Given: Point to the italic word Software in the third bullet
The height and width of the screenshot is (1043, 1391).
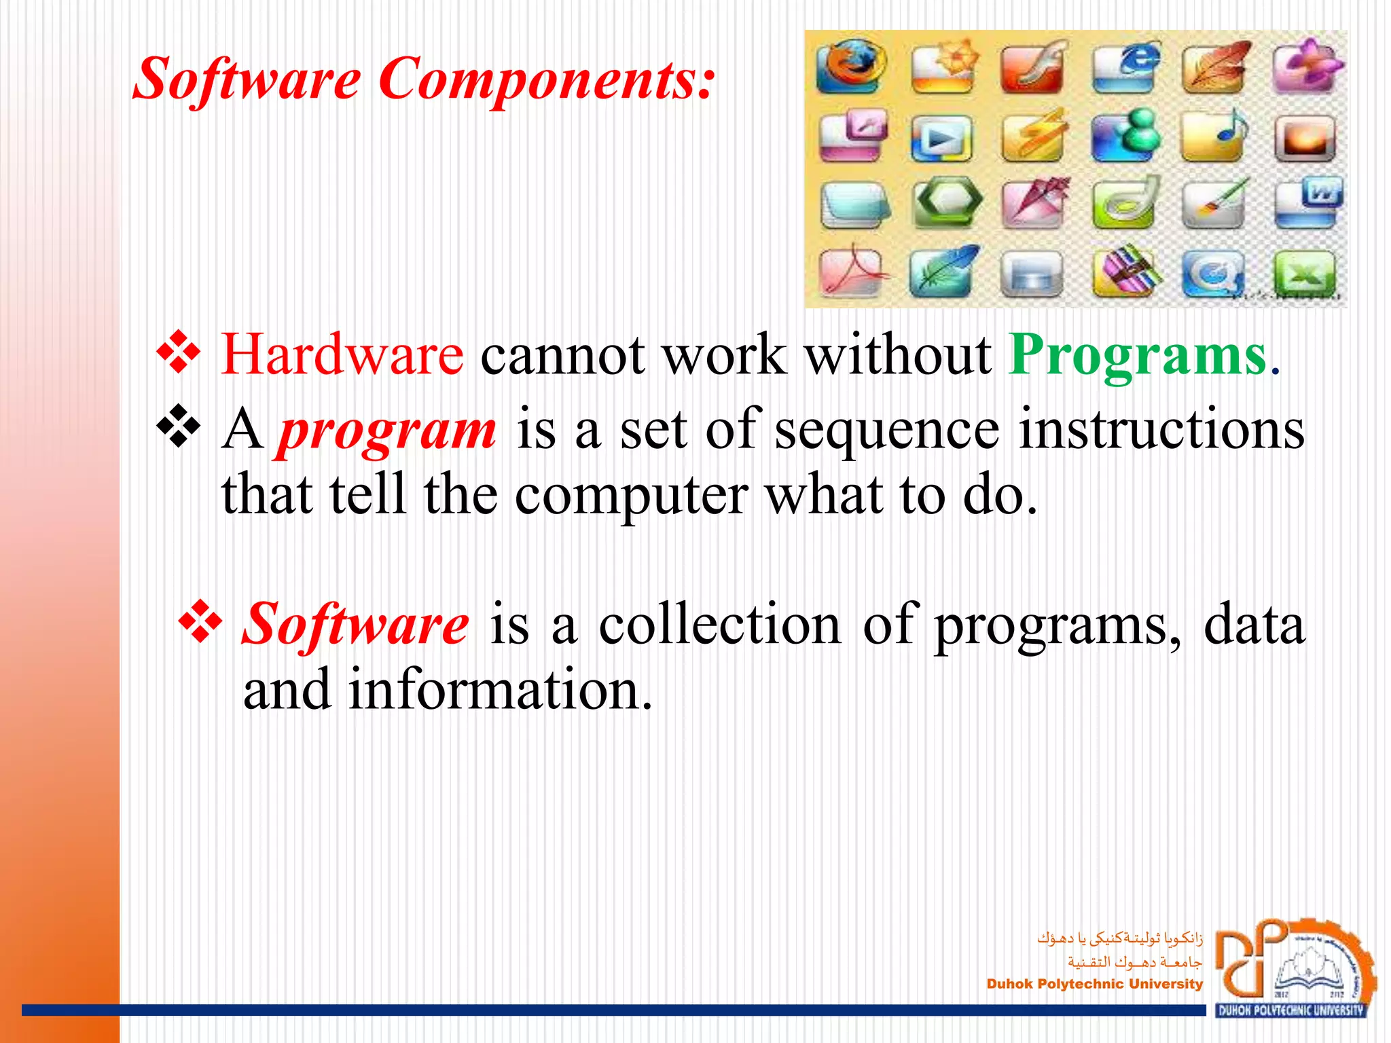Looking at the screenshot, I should pyautogui.click(x=355, y=624).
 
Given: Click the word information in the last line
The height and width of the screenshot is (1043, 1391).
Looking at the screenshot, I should pyautogui.click(x=501, y=690).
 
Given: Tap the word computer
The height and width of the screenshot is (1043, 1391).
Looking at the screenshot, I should pyautogui.click(x=631, y=495).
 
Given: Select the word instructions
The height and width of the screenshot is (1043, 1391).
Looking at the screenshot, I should pyautogui.click(x=1161, y=431).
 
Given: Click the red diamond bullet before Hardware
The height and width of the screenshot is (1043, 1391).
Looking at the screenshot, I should pyautogui.click(x=179, y=352).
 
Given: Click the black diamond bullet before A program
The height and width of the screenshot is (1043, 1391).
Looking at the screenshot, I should pyautogui.click(x=179, y=426).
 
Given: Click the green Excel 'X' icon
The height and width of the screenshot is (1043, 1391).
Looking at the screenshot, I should pyautogui.click(x=1305, y=275).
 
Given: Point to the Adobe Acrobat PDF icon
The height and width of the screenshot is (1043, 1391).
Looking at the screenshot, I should pyautogui.click(x=850, y=273).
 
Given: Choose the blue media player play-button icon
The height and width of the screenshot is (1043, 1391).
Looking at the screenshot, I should pyautogui.click(x=941, y=139).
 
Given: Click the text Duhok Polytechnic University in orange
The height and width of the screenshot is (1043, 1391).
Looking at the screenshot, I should pyautogui.click(x=1094, y=984).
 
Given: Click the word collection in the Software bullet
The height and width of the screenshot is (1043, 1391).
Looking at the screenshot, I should pyautogui.click(x=719, y=624).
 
